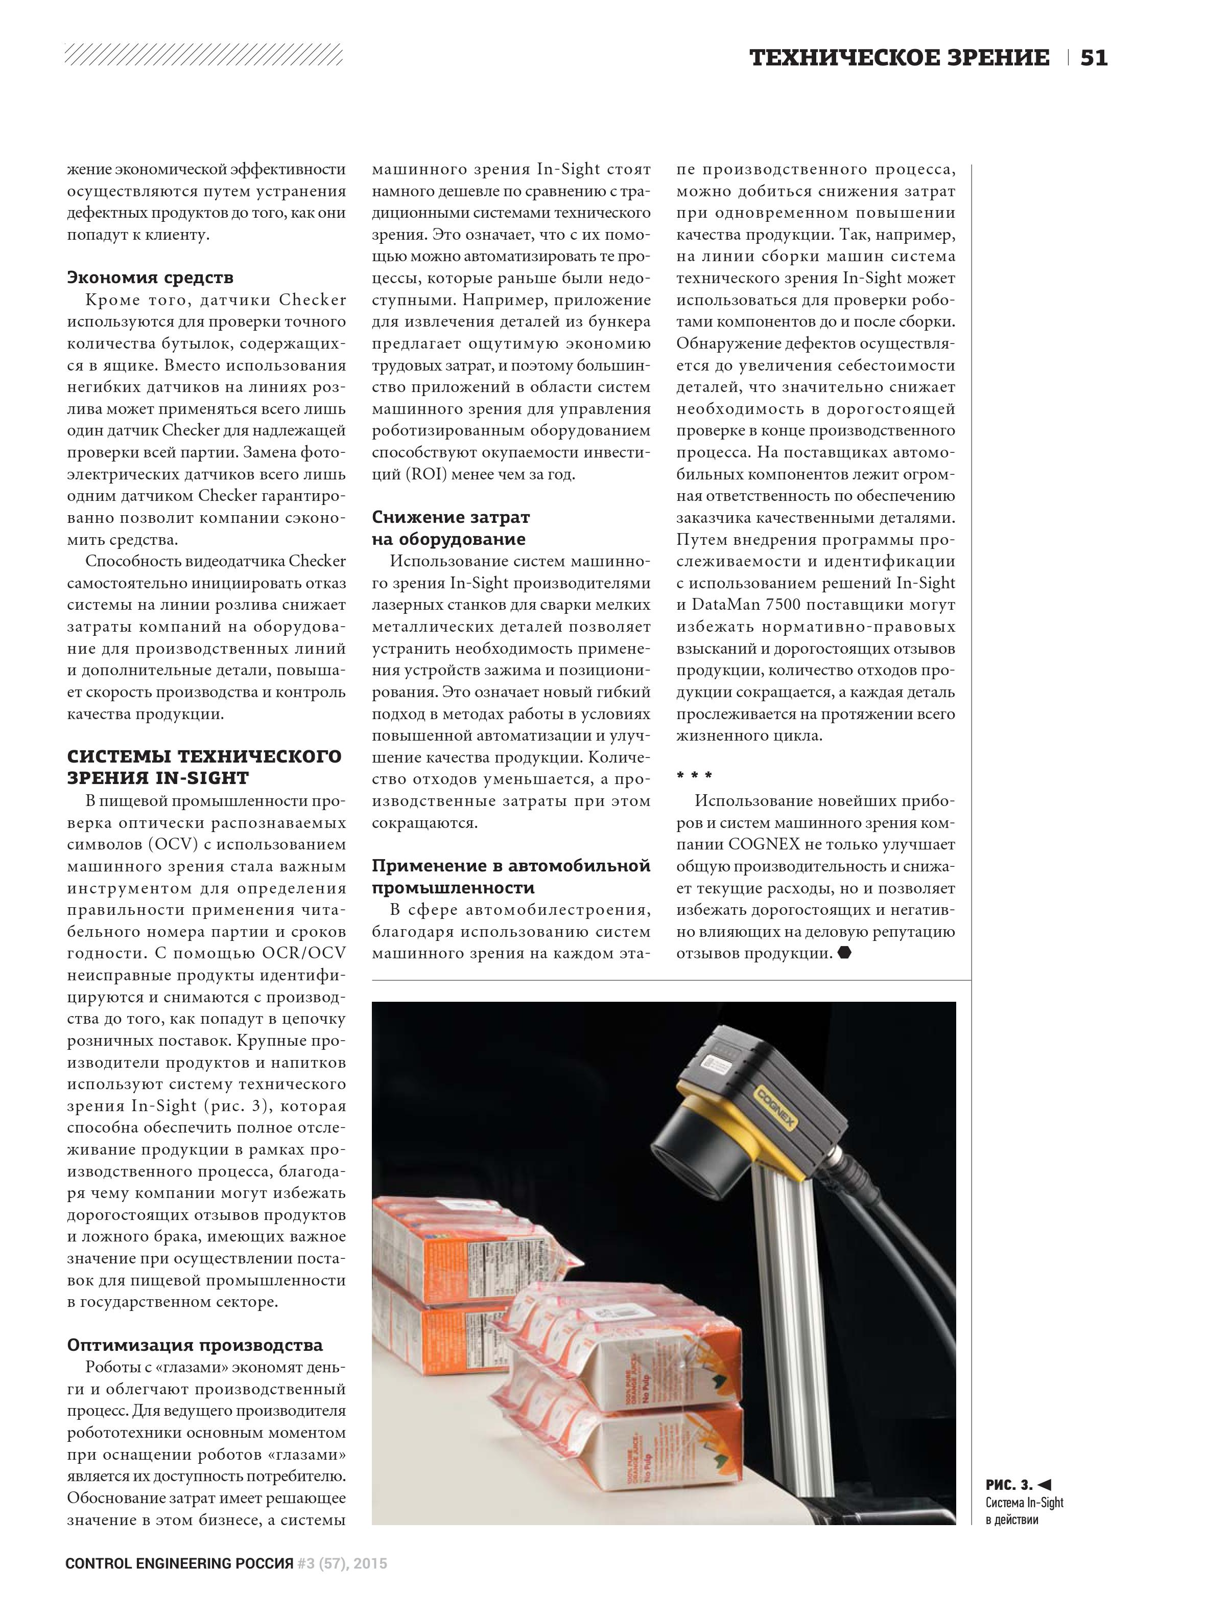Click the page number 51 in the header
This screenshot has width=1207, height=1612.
pyautogui.click(x=1094, y=58)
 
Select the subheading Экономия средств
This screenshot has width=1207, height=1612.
pyautogui.click(x=150, y=278)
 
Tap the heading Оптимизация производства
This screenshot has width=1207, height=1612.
pyautogui.click(x=195, y=1345)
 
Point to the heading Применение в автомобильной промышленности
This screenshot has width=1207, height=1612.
pyautogui.click(x=511, y=877)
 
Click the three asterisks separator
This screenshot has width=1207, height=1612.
pyautogui.click(x=694, y=776)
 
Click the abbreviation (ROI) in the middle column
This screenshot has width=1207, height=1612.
pyautogui.click(x=424, y=474)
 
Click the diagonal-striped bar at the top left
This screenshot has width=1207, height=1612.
pyautogui.click(x=204, y=55)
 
